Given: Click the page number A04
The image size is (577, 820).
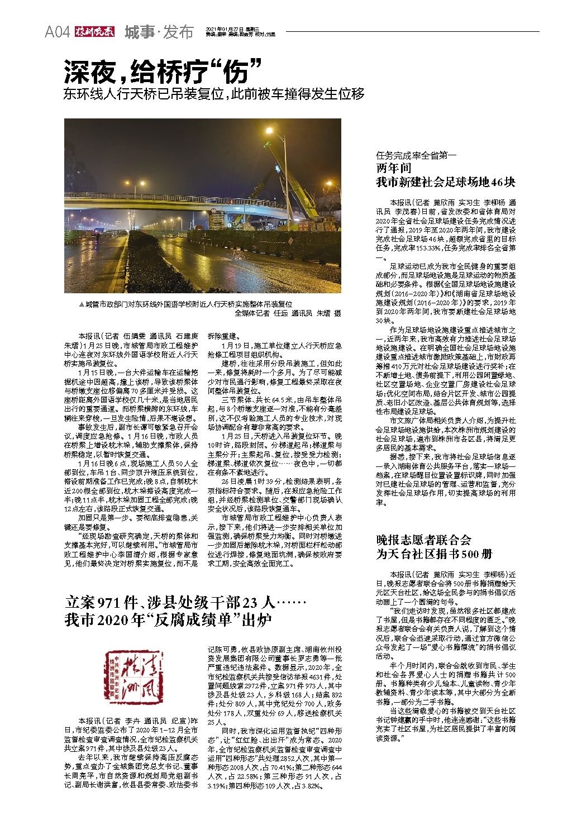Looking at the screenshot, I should [x=57, y=32].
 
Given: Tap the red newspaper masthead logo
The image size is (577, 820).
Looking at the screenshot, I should [x=94, y=32].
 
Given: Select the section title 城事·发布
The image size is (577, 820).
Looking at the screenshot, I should [x=159, y=32].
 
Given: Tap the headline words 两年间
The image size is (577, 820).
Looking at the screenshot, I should [x=394, y=168].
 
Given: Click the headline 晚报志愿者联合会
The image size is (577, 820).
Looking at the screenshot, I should [x=423, y=540].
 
